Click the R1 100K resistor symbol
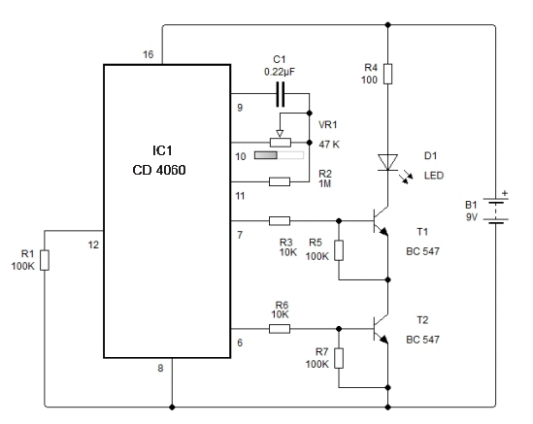[45, 260]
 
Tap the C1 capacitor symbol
[280, 94]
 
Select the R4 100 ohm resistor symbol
[387, 74]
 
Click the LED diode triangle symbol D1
[387, 162]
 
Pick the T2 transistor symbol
[381, 329]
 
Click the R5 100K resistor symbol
[339, 250]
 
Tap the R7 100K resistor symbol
[339, 358]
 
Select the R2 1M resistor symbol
[280, 181]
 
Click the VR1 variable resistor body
[281, 143]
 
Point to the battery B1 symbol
[496, 211]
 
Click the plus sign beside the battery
[505, 193]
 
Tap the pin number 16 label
[149, 54]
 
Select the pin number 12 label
[93, 245]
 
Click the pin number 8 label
[160, 368]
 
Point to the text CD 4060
[159, 170]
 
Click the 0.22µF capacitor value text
[280, 72]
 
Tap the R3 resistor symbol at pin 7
[280, 221]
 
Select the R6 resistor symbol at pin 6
[280, 329]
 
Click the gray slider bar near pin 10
[279, 155]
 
